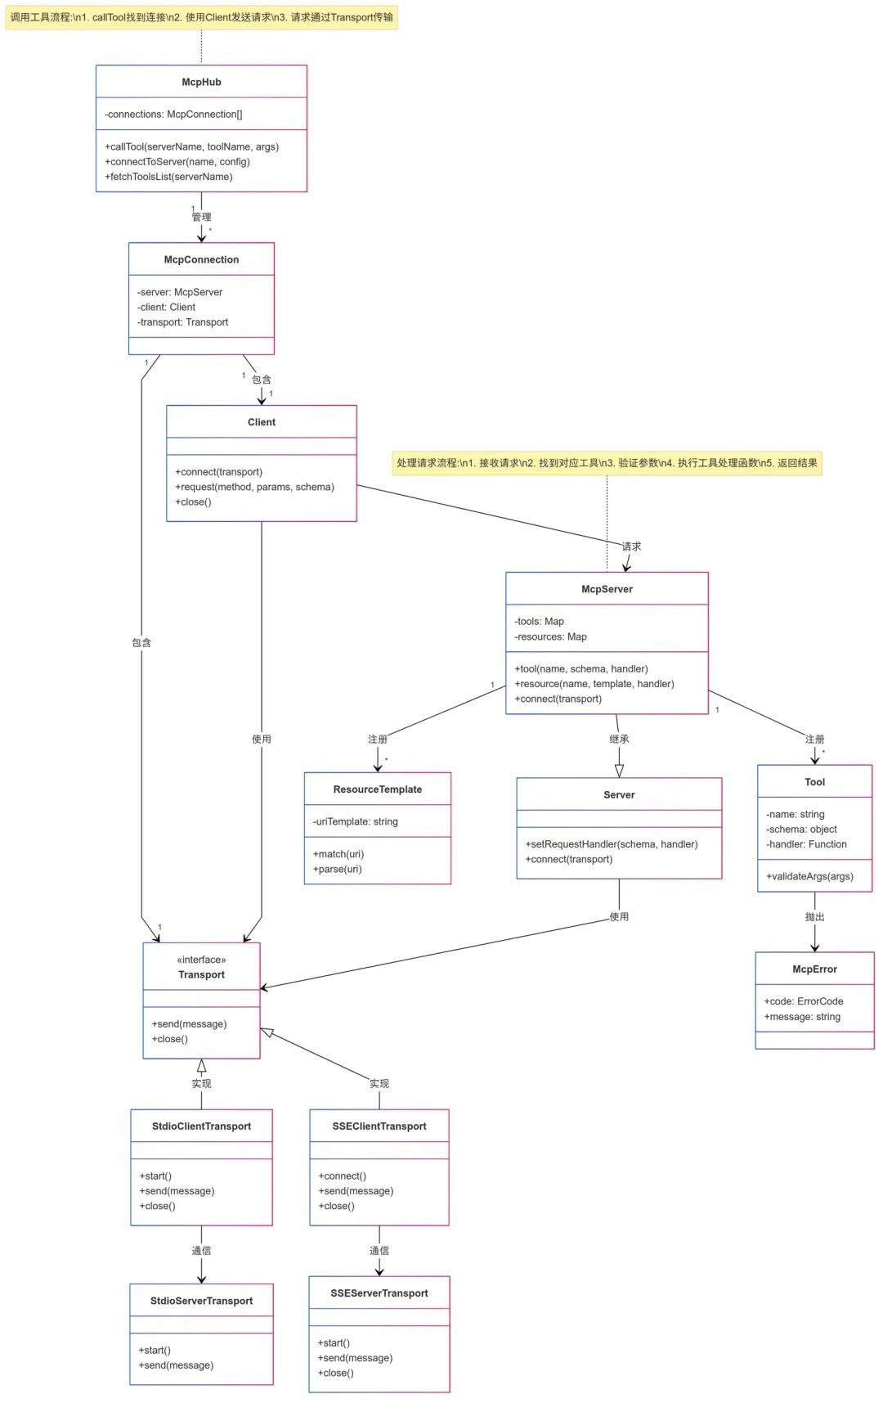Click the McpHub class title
click(201, 82)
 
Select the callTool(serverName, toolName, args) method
click(191, 146)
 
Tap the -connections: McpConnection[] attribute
click(173, 115)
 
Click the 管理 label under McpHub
click(201, 217)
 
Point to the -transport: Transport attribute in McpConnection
click(183, 322)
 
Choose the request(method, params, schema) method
click(254, 487)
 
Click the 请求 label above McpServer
click(631, 546)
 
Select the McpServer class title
click(607, 589)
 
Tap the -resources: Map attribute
click(550, 636)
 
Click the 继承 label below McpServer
click(619, 739)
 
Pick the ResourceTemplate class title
click(377, 789)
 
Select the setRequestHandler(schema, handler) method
click(612, 844)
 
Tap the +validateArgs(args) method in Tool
click(809, 876)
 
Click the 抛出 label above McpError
click(814, 917)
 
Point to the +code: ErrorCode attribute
click(804, 1001)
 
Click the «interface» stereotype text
click(201, 960)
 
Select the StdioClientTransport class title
click(201, 1126)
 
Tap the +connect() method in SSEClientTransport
click(342, 1176)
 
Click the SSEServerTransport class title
click(379, 1293)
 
